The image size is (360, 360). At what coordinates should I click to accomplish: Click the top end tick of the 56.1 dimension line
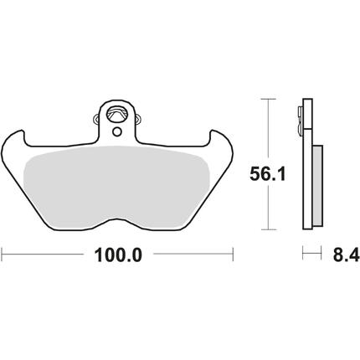268,99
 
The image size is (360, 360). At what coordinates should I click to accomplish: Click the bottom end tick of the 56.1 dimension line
268,229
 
